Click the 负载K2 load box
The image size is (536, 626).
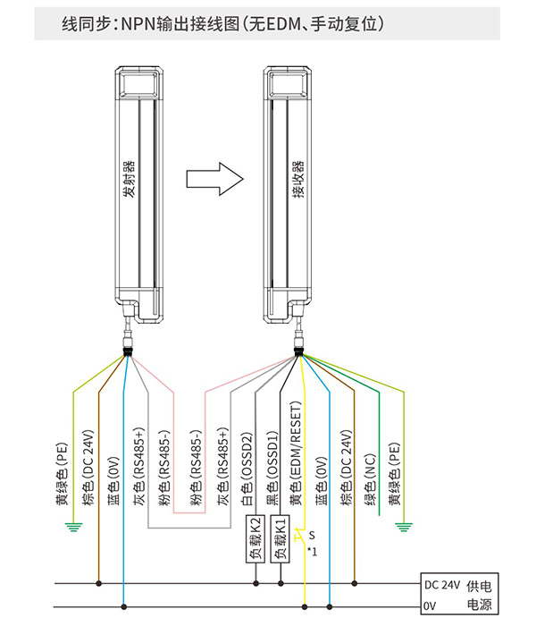pyautogui.click(x=255, y=538)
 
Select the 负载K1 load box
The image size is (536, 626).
pyautogui.click(x=281, y=538)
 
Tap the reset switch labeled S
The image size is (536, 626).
pyautogui.click(x=301, y=537)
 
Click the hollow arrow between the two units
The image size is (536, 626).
pyautogui.click(x=214, y=179)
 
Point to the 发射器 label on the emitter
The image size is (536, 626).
pyautogui.click(x=130, y=179)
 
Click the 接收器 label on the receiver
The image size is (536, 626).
pyautogui.click(x=297, y=179)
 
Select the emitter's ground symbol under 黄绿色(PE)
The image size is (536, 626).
pyautogui.click(x=73, y=528)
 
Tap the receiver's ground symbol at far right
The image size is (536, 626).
pyautogui.click(x=404, y=528)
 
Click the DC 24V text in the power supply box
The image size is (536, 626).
pyautogui.click(x=442, y=585)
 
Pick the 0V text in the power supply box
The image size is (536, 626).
pyautogui.click(x=430, y=606)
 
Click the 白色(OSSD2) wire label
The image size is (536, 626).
pyautogui.click(x=247, y=469)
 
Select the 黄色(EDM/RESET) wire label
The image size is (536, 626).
pyautogui.click(x=296, y=453)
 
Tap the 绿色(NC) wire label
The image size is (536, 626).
pyautogui.click(x=371, y=479)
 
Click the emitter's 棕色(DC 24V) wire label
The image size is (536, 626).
pyautogui.click(x=88, y=468)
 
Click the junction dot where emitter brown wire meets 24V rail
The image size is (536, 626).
pyautogui.click(x=98, y=583)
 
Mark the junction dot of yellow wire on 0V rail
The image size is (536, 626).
pyautogui.click(x=305, y=607)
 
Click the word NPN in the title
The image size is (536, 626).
pyautogui.click(x=138, y=24)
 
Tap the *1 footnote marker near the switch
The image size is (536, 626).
pyautogui.click(x=313, y=552)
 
